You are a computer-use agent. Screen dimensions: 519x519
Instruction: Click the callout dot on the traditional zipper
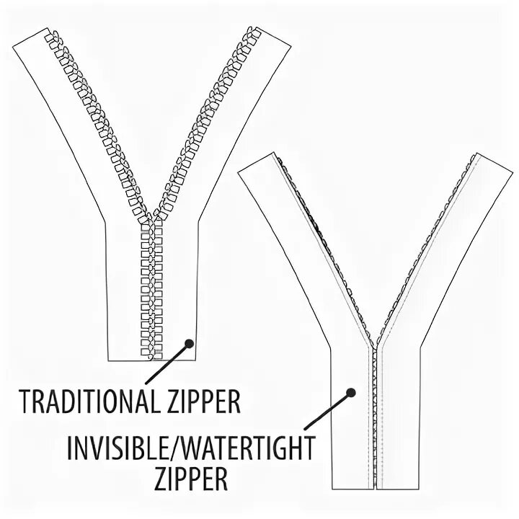190,345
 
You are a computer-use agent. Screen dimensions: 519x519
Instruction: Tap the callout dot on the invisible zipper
351,394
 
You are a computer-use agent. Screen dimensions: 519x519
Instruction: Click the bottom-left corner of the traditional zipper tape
109,360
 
